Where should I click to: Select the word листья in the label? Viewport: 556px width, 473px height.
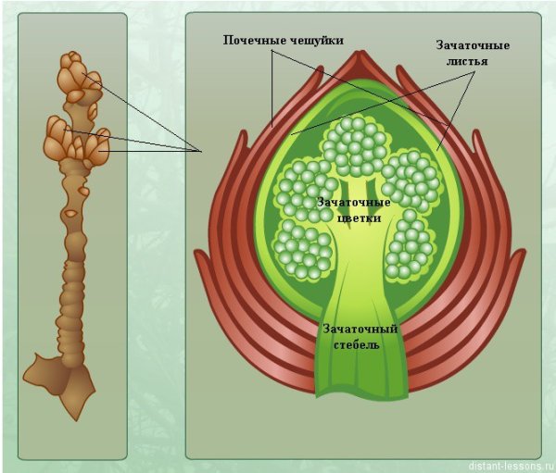pyautogui.click(x=467, y=61)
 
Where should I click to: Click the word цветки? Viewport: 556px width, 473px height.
pyautogui.click(x=360, y=218)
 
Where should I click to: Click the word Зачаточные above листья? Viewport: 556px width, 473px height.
pyautogui.click(x=473, y=45)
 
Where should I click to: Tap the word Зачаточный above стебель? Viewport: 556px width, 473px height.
pyautogui.click(x=360, y=329)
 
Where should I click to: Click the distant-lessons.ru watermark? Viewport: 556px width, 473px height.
pyautogui.click(x=511, y=466)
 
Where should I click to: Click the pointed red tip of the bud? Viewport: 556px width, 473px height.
pyautogui.click(x=361, y=53)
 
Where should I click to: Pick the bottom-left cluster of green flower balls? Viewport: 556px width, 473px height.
pyautogui.click(x=303, y=249)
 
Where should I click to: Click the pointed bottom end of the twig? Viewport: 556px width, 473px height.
pyautogui.click(x=76, y=420)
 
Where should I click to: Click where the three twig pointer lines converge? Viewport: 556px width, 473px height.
pyautogui.click(x=201, y=152)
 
